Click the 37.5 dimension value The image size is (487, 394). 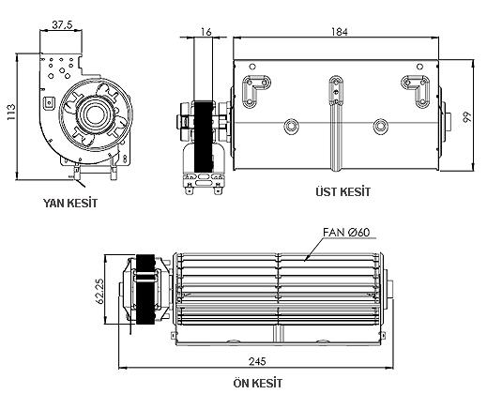point(62,24)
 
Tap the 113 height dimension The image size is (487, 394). point(11,112)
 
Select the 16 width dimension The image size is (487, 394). point(206,32)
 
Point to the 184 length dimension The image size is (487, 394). point(340,32)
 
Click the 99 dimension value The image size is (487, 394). point(467,117)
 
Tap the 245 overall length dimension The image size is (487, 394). point(257,361)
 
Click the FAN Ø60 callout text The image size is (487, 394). point(346,233)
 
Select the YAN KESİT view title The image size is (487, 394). point(70,203)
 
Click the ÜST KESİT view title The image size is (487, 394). point(342,191)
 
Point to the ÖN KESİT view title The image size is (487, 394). point(258,383)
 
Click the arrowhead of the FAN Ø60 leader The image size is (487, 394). point(305,259)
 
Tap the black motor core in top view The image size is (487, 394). point(204,136)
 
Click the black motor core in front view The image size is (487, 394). point(145,289)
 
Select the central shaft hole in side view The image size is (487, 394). point(93,115)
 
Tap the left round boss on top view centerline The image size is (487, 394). point(292,126)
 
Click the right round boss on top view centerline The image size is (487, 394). point(380,126)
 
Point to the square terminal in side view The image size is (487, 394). point(49,102)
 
